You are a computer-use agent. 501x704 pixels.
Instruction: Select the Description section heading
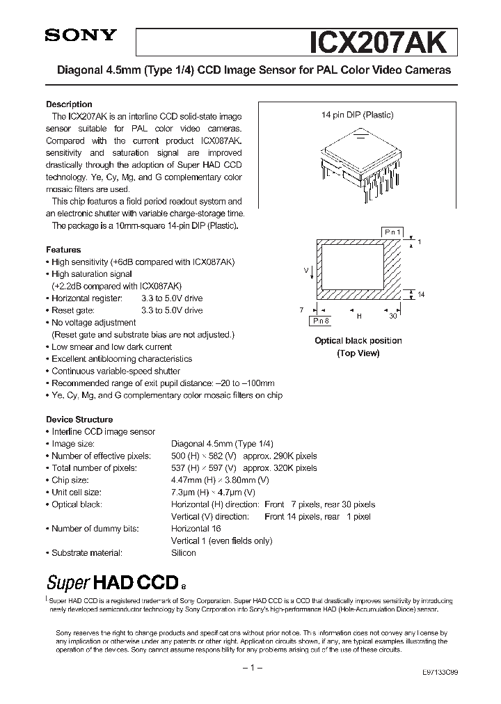coord(69,104)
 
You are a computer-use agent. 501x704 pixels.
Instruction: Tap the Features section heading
coord(63,250)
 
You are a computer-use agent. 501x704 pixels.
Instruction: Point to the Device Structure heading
coord(79,419)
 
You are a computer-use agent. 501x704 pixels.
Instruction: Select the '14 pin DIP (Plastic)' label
coord(357,115)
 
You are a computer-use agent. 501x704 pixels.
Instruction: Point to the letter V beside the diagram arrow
coord(305,268)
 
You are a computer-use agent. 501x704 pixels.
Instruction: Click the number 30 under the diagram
coord(393,316)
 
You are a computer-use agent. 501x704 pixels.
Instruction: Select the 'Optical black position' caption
coord(358,341)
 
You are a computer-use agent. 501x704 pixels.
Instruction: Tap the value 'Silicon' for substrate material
coord(184,553)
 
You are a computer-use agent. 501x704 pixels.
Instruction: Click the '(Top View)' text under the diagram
coord(358,353)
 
